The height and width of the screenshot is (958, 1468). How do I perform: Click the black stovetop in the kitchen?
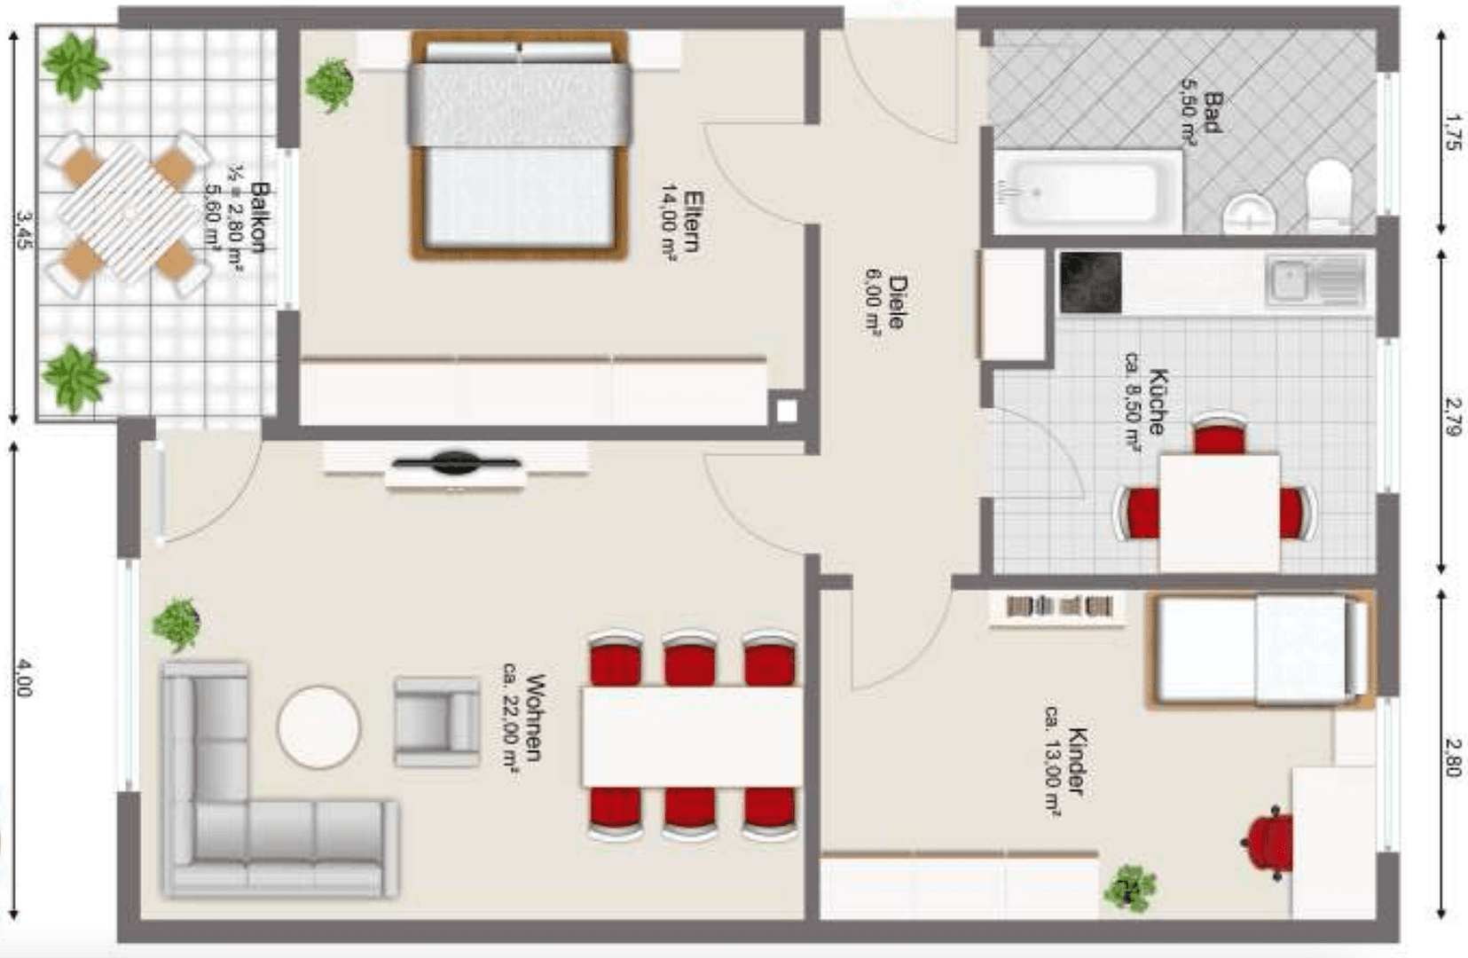click(1091, 283)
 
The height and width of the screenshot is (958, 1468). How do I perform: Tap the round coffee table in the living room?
click(318, 727)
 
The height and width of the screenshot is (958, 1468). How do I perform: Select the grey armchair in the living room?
click(436, 721)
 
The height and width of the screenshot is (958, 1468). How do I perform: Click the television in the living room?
click(456, 462)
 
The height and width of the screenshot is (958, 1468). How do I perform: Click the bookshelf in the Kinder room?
click(1058, 608)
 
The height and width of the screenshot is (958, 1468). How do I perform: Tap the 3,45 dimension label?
click(24, 228)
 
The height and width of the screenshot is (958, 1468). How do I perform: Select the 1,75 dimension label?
click(1452, 130)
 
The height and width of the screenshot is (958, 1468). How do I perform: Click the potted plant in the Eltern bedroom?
click(330, 85)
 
